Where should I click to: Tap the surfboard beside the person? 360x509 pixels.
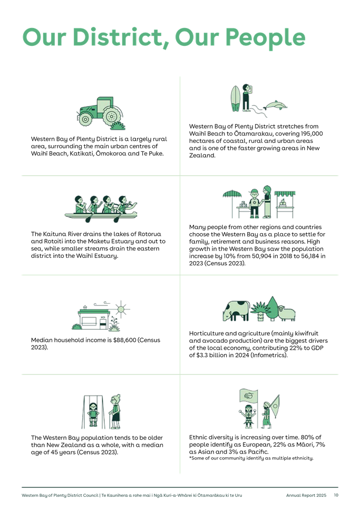pos(235,98)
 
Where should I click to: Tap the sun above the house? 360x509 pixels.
pos(121,309)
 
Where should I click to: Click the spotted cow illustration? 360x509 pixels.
pos(236,311)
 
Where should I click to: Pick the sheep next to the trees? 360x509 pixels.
pos(287,313)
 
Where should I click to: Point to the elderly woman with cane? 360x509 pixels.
pos(115,411)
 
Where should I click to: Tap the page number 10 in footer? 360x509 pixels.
pos(336,495)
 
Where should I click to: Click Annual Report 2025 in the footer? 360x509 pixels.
pos(306,495)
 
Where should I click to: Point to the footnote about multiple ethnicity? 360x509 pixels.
pos(251,458)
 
